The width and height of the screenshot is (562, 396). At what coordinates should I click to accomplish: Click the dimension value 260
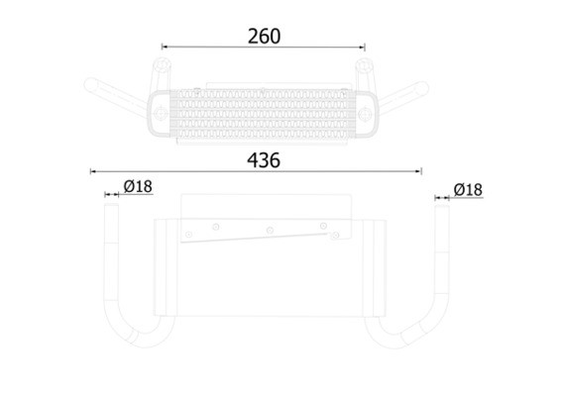265,37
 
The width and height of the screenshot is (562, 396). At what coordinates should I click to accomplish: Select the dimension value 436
264,160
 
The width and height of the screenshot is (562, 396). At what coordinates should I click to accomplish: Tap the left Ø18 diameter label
138,186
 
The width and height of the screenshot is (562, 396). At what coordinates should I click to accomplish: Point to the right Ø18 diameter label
468,190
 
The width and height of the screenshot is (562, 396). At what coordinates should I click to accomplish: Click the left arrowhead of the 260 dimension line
165,47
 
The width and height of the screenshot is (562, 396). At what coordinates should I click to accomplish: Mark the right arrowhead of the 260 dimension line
362,47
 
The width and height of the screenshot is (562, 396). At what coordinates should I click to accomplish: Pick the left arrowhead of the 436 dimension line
93,171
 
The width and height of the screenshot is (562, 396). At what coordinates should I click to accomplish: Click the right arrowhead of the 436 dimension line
418,171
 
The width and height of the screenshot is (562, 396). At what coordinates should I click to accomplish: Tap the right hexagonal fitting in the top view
364,65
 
